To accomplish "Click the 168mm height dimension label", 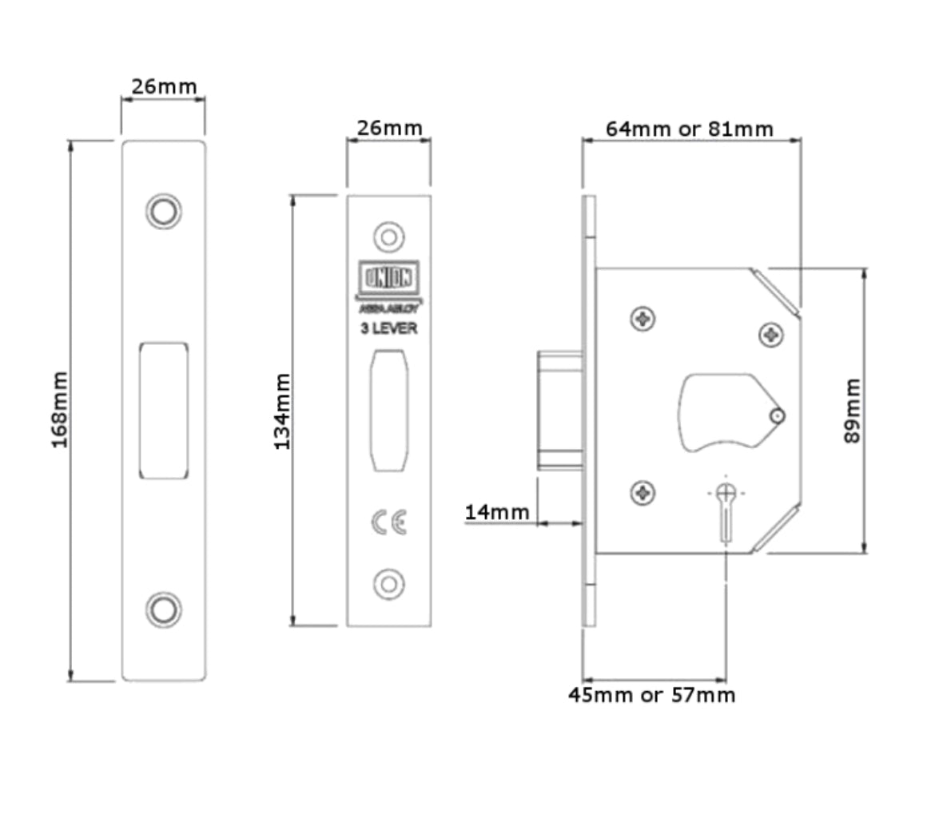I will (x=60, y=409).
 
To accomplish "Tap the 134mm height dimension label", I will (x=283, y=411).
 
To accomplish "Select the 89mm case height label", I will (x=853, y=411).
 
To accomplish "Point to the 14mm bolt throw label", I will (x=497, y=511).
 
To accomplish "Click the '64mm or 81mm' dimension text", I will (x=689, y=129).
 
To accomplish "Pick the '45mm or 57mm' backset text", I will (x=651, y=695).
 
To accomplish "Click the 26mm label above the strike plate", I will (x=164, y=86).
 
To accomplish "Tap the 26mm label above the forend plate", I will (x=389, y=128).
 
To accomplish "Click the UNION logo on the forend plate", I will (x=389, y=279).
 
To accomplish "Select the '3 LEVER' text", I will (x=389, y=328).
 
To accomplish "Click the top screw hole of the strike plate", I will (x=164, y=211).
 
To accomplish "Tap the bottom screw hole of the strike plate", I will (x=164, y=610).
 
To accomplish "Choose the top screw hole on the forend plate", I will (x=389, y=237).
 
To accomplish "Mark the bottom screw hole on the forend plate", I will (x=389, y=584).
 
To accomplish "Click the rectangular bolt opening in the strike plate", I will (x=164, y=411).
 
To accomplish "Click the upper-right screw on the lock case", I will (x=771, y=334).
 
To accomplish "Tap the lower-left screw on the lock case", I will (x=643, y=493).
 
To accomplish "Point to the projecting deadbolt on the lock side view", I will (x=559, y=410).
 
